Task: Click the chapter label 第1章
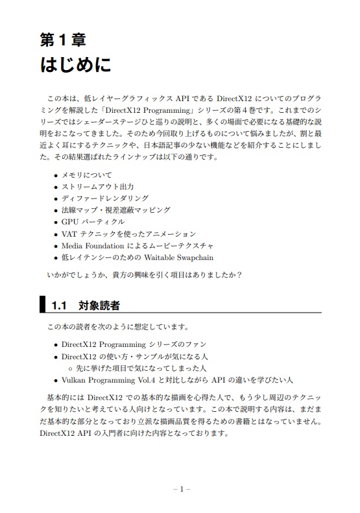pyautogui.click(x=63, y=40)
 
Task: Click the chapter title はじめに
pyautogui.click(x=75, y=66)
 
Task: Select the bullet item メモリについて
pyautogui.click(x=86, y=175)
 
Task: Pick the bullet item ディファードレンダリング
pyautogui.click(x=104, y=198)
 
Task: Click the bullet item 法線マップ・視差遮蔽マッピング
pyautogui.click(x=116, y=210)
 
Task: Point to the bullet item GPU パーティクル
pyautogui.click(x=93, y=222)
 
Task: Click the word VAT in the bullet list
pyautogui.click(x=69, y=233)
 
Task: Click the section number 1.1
pyautogui.click(x=60, y=305)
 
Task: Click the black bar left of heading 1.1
pyautogui.click(x=43, y=304)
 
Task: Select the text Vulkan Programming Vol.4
pyautogui.click(x=110, y=380)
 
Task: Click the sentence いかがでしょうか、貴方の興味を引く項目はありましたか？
pyautogui.click(x=145, y=275)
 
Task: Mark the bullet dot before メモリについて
pyautogui.click(x=56, y=176)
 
